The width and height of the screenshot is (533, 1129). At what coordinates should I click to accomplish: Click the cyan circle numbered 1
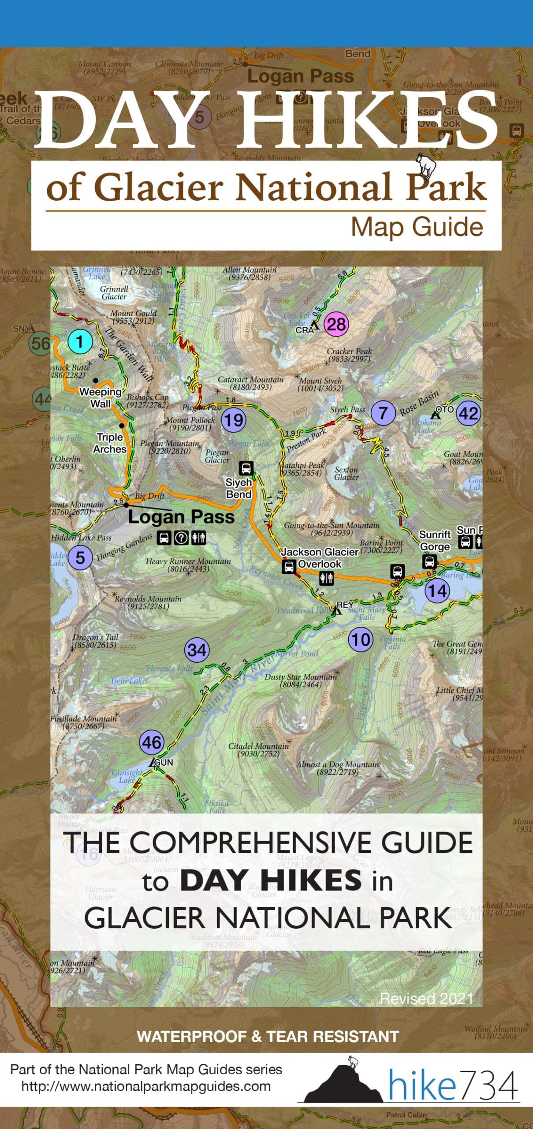tap(80, 342)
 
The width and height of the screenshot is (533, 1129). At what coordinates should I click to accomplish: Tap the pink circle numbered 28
tap(336, 325)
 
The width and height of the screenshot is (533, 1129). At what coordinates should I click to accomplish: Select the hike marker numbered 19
tap(233, 420)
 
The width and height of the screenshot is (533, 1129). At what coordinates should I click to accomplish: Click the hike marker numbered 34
tap(197, 650)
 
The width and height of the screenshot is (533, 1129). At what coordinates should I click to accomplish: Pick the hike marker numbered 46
tap(152, 743)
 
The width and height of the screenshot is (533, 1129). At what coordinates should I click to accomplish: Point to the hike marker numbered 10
tap(361, 639)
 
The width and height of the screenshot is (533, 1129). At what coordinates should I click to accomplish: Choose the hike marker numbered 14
tap(437, 591)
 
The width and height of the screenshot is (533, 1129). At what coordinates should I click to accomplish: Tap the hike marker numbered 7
tap(383, 413)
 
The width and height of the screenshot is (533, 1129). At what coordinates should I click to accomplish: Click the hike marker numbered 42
tap(468, 414)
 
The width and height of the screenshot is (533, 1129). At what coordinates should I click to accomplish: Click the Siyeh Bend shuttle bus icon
tap(246, 467)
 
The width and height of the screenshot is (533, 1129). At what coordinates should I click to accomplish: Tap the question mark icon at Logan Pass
tap(181, 538)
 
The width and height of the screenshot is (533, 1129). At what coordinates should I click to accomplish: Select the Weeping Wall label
tap(101, 397)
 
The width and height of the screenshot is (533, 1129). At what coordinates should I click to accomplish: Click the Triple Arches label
tap(110, 443)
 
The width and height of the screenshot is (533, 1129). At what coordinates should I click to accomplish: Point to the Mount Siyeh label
tap(321, 384)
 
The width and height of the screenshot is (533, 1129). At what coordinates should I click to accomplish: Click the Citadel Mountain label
tap(258, 750)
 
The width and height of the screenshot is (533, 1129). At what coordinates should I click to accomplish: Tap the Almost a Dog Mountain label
tap(337, 768)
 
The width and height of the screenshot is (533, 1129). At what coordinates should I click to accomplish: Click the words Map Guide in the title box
tap(417, 228)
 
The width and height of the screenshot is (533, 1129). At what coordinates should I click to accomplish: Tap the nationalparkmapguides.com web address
tap(146, 1086)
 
